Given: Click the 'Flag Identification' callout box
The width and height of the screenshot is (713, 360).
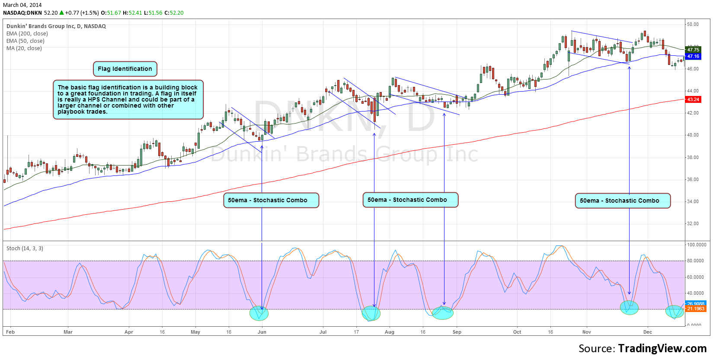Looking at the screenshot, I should [x=125, y=69].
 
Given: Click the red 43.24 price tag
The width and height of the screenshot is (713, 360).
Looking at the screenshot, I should [x=693, y=99].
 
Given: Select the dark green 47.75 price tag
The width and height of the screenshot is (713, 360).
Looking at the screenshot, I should [x=693, y=50].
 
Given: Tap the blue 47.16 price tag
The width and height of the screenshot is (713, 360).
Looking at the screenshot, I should [x=693, y=56].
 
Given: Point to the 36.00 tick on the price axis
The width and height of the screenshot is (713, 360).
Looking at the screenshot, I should [x=693, y=179].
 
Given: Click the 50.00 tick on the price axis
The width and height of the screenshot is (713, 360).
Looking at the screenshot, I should [x=693, y=24].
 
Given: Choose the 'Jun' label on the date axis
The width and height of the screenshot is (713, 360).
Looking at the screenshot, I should [x=262, y=332].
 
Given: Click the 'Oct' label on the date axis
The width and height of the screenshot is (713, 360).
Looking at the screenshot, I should [x=517, y=332].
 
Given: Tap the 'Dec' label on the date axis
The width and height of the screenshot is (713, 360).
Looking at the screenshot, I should [x=647, y=332].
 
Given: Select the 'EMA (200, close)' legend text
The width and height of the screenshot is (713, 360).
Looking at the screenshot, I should [x=27, y=34].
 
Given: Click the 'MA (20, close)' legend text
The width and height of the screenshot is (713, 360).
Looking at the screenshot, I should [x=24, y=48].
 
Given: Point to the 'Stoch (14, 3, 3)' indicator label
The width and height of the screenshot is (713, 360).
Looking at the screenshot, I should [x=25, y=248].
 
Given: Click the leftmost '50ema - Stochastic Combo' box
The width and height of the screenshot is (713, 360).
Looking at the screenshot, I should [x=271, y=200].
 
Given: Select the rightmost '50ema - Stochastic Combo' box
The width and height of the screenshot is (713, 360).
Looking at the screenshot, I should [x=622, y=201].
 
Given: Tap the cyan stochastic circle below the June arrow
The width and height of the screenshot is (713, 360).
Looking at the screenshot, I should [x=259, y=313].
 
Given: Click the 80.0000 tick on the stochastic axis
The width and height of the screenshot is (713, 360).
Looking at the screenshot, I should [x=696, y=261].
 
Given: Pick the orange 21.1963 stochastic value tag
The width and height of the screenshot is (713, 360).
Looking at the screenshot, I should [x=696, y=309].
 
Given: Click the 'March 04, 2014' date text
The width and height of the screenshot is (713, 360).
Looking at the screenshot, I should [x=22, y=5].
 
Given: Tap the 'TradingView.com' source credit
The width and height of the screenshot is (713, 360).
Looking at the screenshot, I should [x=662, y=348].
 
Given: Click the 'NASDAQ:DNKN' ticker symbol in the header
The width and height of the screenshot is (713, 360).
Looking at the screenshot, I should [x=22, y=13].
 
